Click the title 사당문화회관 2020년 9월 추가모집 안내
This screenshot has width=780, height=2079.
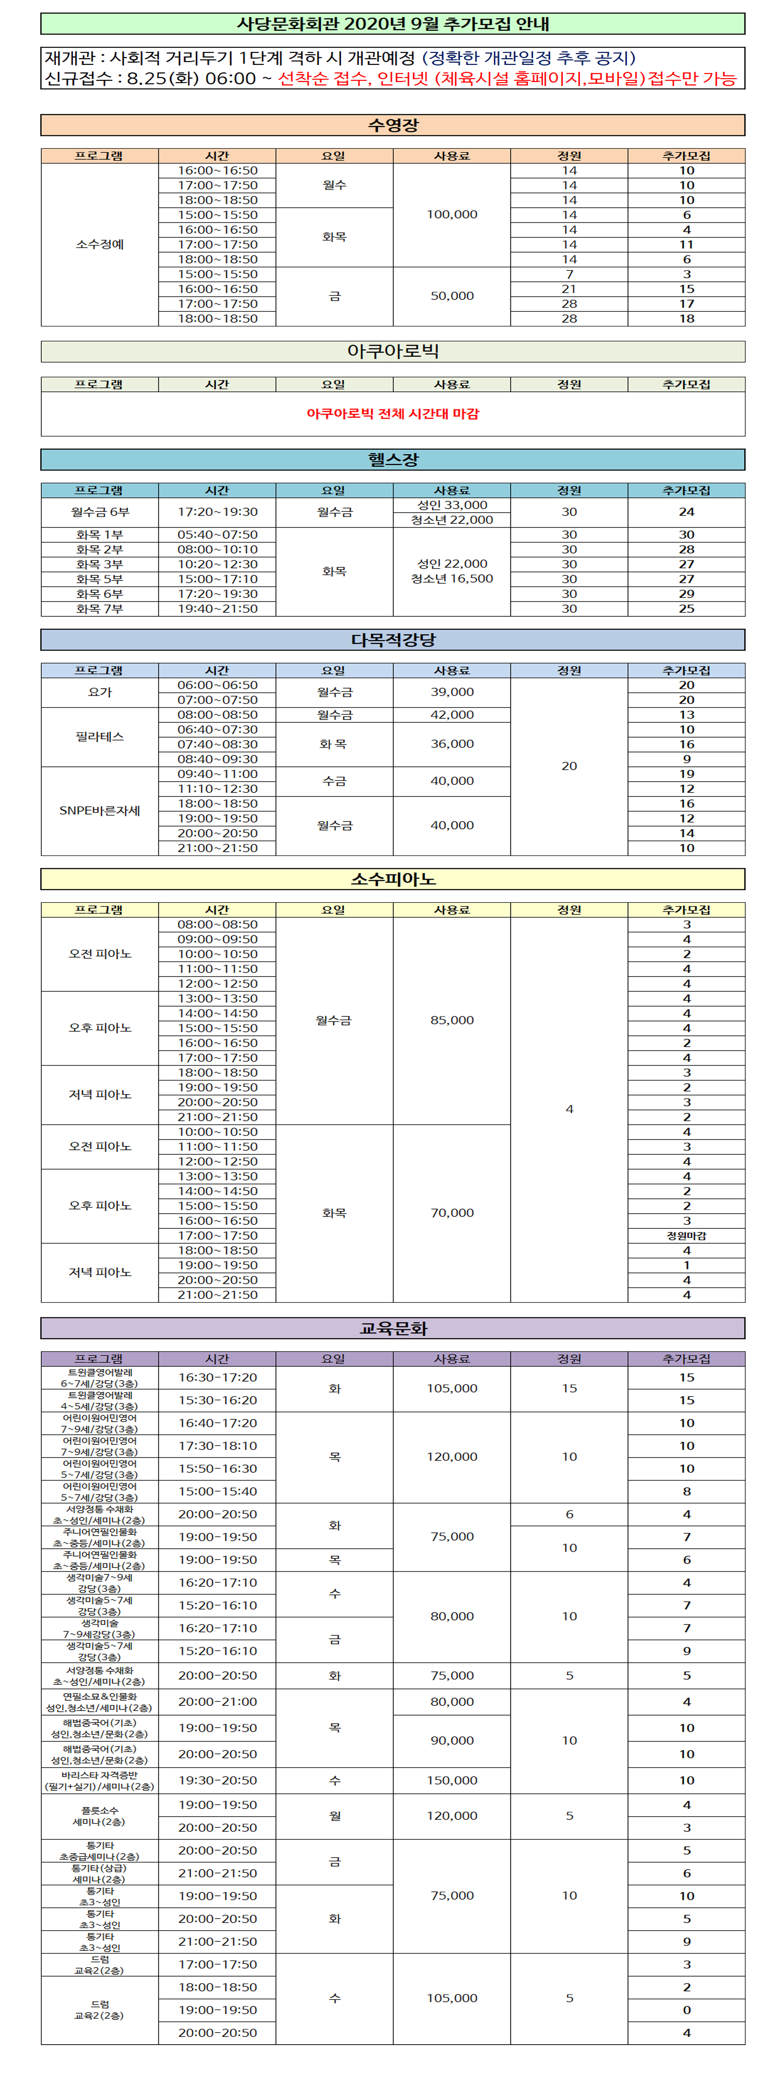pos(393,24)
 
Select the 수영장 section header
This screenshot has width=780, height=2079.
pos(393,125)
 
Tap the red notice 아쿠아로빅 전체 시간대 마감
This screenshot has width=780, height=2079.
pos(393,413)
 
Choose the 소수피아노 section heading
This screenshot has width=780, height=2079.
pos(393,879)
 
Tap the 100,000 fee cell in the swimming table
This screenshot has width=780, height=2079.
pos(452,215)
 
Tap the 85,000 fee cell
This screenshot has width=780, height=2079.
pos(452,1020)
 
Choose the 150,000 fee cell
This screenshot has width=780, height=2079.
pos(452,1780)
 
